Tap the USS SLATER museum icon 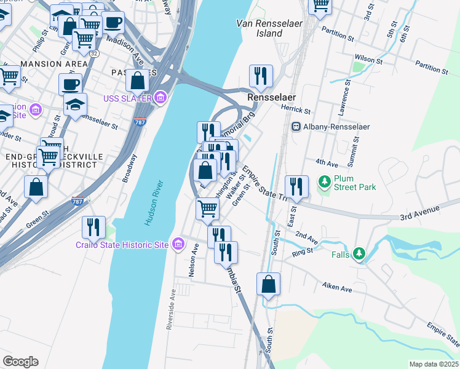(161, 97)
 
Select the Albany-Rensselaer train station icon (296, 127)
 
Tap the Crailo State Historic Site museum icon (178, 245)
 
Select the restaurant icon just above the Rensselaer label (261, 76)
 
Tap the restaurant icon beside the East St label (296, 187)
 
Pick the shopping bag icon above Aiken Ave (268, 284)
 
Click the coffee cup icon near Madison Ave (113, 23)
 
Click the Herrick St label (296, 111)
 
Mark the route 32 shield (93, 54)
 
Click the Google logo (20, 362)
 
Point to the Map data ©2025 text (434, 364)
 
